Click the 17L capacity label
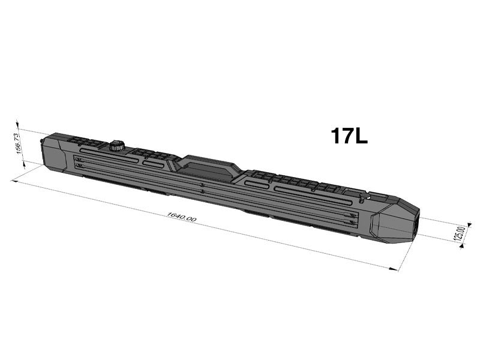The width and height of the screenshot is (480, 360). coord(349,136)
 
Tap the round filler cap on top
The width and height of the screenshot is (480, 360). coord(116,145)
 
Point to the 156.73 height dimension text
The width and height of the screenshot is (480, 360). coord(19,143)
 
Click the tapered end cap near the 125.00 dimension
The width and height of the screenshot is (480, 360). coord(393,222)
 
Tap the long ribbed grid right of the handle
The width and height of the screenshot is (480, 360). coord(294,181)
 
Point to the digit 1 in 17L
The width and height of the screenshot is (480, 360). coord(336,136)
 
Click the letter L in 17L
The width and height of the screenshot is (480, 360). coord(361,136)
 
